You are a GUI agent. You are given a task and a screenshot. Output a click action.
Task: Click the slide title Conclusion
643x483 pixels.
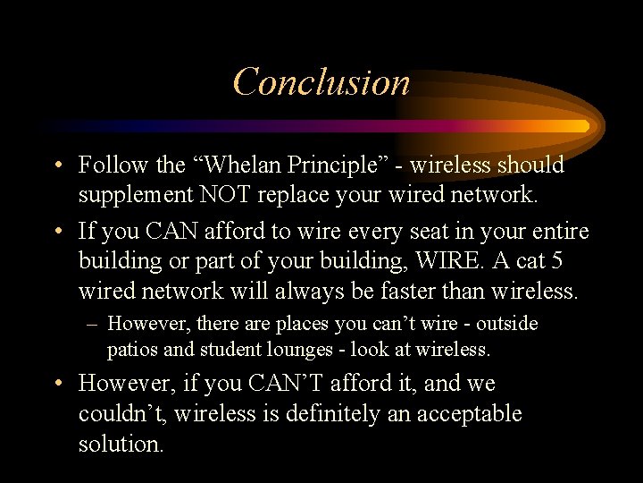321,82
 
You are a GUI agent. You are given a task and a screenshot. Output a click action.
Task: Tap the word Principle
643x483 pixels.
325,165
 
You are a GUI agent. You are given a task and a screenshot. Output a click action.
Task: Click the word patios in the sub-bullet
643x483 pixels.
131,350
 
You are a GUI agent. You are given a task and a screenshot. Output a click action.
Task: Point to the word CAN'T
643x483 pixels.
271,384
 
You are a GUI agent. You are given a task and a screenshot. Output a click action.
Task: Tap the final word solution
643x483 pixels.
121,445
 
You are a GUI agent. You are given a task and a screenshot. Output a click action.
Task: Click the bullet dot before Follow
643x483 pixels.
57,166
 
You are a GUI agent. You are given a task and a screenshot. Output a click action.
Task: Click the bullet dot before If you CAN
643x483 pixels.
57,233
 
